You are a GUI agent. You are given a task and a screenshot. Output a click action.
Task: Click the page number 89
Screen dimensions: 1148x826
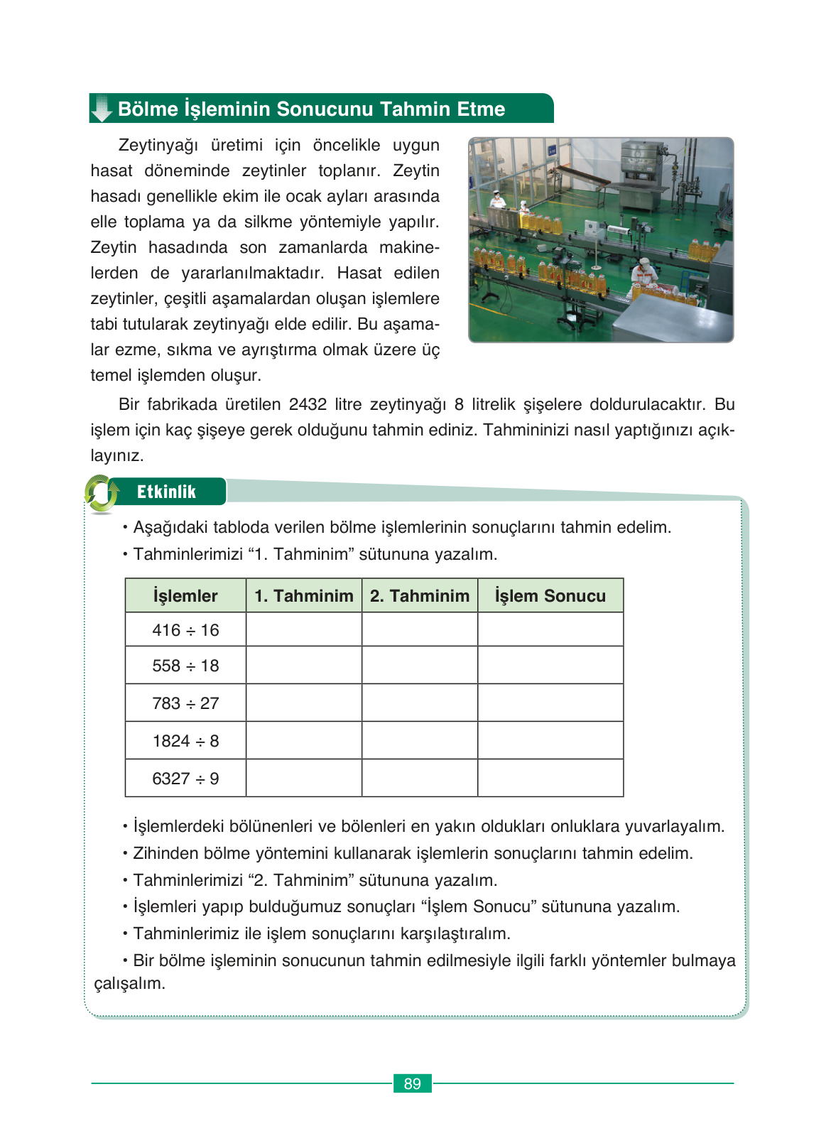(x=412, y=1083)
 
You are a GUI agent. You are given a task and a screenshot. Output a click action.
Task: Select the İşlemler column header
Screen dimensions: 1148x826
(x=185, y=596)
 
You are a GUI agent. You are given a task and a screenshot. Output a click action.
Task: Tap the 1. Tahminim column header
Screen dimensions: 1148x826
(x=304, y=596)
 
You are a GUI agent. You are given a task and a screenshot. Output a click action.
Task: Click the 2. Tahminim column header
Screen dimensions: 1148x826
(x=420, y=596)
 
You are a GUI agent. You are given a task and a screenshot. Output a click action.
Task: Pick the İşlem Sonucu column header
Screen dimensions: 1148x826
(x=550, y=596)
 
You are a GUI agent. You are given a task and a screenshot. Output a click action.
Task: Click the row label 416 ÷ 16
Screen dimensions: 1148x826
(x=185, y=630)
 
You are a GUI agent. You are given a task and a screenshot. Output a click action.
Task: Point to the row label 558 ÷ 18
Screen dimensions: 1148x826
(x=185, y=666)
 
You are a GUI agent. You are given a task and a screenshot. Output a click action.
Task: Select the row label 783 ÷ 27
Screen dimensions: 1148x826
(x=185, y=703)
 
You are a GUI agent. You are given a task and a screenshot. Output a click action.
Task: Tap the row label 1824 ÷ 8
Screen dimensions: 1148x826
(x=185, y=741)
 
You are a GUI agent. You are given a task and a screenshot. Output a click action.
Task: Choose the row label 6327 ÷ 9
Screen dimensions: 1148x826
(x=185, y=779)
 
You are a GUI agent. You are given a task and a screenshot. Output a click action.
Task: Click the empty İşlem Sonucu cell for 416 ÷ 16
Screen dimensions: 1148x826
(x=550, y=629)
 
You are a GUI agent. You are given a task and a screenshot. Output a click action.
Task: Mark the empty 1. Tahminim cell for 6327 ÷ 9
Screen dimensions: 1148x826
(x=304, y=778)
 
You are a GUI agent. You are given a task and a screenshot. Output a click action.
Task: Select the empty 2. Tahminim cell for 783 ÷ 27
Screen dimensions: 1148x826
(x=420, y=703)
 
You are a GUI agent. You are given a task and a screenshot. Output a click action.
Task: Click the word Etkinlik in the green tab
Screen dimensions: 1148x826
(x=166, y=492)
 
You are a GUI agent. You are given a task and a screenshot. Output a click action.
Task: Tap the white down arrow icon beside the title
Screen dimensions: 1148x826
(x=102, y=109)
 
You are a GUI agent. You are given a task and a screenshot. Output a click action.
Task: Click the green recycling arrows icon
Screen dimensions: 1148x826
(x=102, y=494)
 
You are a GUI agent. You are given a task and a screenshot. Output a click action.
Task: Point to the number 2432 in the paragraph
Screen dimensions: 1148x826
(x=308, y=404)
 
